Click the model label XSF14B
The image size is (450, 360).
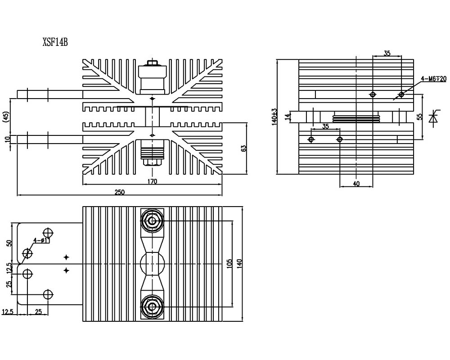(55, 42)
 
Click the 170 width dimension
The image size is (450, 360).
(153, 181)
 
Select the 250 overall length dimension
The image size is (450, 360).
(120, 192)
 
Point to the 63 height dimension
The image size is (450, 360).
(243, 148)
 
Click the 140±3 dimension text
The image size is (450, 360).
(274, 117)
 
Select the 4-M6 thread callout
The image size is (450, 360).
(434, 79)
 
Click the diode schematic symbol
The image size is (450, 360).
(433, 118)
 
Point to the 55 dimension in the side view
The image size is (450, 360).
(420, 117)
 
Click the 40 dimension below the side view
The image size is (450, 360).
(356, 184)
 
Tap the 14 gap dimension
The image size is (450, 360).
(288, 117)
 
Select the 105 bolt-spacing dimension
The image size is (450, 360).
(229, 264)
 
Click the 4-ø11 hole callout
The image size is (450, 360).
(41, 240)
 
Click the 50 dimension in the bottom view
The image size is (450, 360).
(9, 243)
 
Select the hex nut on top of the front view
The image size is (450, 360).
(152, 63)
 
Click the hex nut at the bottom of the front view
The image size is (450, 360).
(152, 162)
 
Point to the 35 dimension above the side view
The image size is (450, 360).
(387, 53)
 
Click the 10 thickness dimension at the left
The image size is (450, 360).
(7, 139)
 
